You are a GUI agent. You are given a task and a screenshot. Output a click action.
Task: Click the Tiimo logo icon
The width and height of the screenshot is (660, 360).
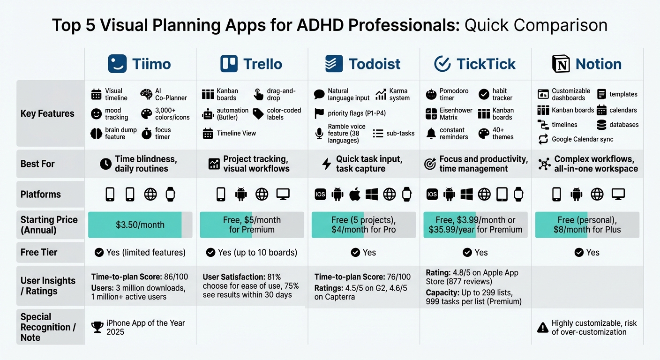click(117, 64)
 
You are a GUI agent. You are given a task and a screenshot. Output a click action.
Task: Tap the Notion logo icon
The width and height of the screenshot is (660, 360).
click(561, 64)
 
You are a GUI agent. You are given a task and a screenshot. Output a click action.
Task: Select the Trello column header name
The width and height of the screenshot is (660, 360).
click(262, 64)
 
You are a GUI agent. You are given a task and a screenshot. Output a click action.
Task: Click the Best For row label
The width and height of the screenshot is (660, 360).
click(37, 164)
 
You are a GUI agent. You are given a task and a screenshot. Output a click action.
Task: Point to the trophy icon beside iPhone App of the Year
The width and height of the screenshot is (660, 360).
click(97, 327)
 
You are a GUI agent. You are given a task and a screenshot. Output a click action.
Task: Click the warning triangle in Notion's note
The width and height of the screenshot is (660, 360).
click(543, 328)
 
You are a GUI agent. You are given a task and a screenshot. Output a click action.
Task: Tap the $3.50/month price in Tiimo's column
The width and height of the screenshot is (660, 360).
click(140, 225)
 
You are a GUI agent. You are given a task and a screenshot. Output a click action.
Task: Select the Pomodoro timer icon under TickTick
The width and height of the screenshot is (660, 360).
click(431, 94)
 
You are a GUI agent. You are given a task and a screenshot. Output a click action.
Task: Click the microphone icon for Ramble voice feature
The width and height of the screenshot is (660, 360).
click(319, 134)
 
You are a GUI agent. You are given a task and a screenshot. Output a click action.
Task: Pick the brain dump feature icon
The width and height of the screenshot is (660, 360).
click(96, 134)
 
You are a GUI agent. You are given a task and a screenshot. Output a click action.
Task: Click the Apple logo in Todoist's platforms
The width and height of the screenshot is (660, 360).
click(355, 194)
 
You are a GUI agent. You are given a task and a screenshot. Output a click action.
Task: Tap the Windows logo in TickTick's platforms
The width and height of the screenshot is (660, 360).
click(466, 194)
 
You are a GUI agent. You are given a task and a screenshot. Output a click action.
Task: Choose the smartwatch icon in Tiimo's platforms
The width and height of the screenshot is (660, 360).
click(170, 194)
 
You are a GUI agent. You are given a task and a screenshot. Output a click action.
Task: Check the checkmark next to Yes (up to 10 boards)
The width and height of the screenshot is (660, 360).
click(210, 253)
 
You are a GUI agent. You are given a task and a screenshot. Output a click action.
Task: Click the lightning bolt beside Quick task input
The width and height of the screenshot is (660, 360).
click(327, 164)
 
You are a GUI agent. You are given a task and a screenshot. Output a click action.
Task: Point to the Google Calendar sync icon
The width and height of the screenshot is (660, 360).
click(543, 139)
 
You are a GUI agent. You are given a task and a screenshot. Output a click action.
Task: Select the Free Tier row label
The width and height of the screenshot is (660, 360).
click(39, 252)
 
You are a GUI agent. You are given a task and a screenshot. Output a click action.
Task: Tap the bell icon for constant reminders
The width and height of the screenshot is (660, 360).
click(431, 134)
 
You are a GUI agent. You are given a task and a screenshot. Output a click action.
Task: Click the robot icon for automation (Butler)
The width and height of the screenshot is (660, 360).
click(208, 114)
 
